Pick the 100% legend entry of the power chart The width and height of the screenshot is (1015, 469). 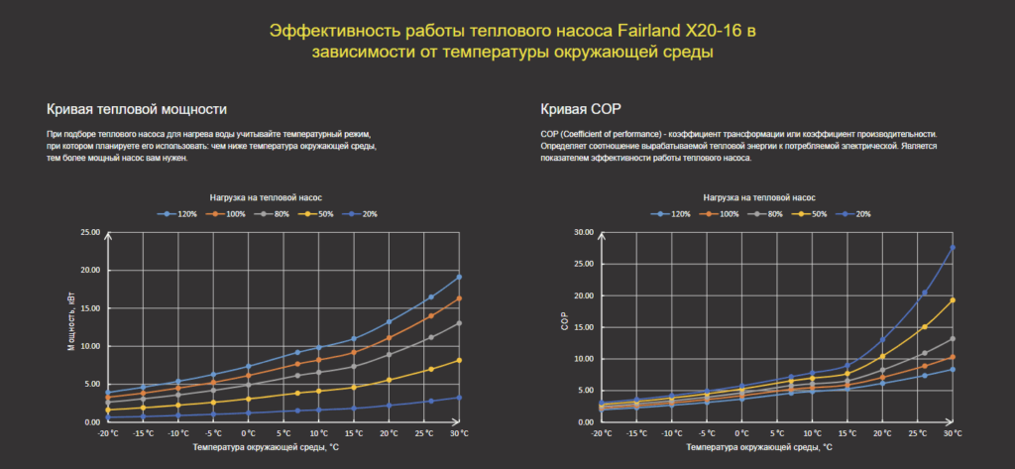(230, 214)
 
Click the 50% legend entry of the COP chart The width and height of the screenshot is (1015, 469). (813, 214)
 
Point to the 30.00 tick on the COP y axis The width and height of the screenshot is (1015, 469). (584, 233)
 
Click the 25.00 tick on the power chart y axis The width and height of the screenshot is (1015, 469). (90, 233)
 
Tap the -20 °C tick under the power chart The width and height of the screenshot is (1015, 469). (108, 433)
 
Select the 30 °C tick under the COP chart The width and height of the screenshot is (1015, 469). (953, 433)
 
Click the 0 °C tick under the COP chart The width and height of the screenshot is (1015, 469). (742, 433)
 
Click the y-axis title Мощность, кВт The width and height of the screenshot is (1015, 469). (71, 327)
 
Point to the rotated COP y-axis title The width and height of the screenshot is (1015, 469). (564, 327)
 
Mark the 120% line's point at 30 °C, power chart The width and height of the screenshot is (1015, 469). (459, 277)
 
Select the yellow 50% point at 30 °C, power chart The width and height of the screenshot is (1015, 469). (459, 360)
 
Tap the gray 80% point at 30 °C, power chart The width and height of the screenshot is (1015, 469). (459, 323)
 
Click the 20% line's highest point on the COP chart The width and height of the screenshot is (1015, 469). (953, 248)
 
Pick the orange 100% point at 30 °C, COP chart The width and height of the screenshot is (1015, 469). (953, 357)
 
